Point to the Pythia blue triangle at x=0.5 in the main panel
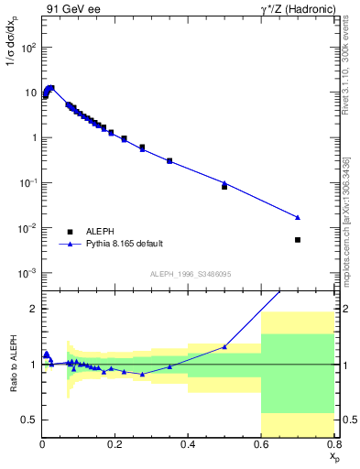click(224, 183)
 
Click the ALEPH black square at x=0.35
click(169, 161)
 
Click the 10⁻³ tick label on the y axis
click(27, 273)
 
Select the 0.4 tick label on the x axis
click(188, 445)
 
